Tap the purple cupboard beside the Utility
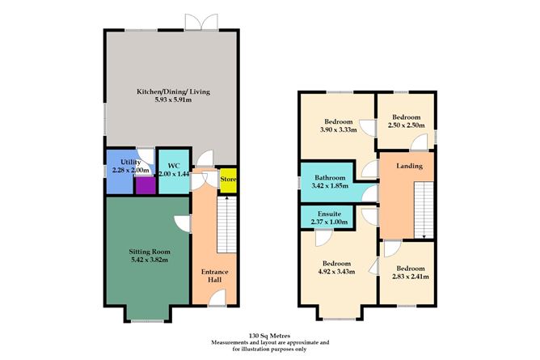(x=144, y=186)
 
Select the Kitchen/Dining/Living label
(x=171, y=93)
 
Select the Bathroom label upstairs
(x=331, y=178)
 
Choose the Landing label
(x=408, y=167)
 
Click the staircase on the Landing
(x=423, y=209)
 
